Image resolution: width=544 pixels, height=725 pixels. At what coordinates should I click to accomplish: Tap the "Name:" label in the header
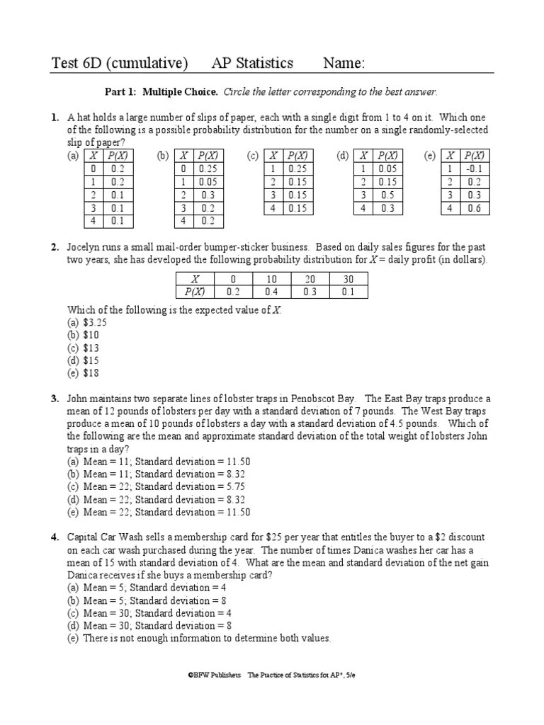point(344,63)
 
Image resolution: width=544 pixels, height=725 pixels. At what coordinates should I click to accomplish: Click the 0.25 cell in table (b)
point(208,169)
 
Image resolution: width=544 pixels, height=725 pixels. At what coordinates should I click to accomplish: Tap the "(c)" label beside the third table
point(253,156)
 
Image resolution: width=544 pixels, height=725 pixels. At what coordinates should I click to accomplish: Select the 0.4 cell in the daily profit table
point(271,292)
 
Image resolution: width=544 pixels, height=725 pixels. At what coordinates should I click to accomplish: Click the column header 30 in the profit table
point(348,280)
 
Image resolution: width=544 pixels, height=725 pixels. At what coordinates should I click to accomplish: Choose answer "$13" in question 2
point(84,348)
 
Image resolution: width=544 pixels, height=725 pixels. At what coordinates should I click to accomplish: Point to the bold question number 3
point(55,399)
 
